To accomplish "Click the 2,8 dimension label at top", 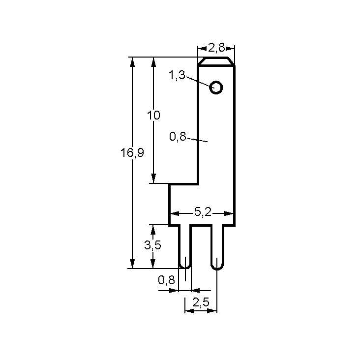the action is tap(216, 48).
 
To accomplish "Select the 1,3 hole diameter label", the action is tap(177, 75).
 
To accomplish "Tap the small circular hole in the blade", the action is tap(216, 88).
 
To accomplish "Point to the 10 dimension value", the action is tap(153, 115).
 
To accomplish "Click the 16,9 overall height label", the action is tap(132, 152).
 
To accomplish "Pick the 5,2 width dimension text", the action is tap(203, 211).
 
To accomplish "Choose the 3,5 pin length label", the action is tap(152, 245).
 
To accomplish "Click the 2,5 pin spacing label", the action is tap(201, 302).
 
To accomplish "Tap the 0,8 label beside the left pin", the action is tap(166, 280).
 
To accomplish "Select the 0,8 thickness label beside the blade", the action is tap(178, 137).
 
